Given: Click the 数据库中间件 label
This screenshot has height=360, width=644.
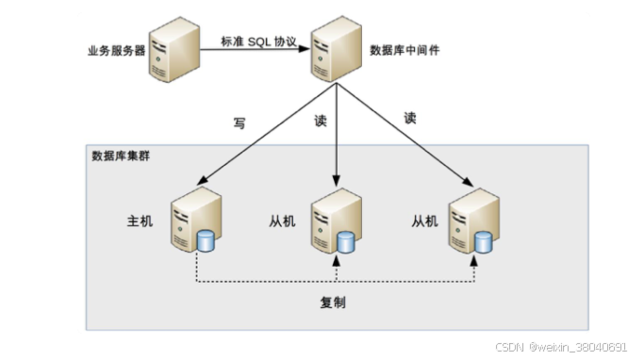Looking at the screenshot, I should coord(404,50).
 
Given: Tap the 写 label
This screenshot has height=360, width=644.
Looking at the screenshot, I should coord(239,123).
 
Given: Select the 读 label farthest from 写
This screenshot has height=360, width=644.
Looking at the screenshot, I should coord(409,119).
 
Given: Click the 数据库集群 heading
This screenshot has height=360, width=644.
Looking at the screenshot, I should coord(120,155).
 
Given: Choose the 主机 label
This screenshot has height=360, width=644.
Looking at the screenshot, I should coord(140,221).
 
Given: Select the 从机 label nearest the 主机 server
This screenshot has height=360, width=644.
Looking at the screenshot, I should coord(282,221).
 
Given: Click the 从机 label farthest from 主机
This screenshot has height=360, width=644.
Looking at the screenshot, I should coord(425,221).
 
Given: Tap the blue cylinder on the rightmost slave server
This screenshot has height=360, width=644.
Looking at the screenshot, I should coord(484,242).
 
